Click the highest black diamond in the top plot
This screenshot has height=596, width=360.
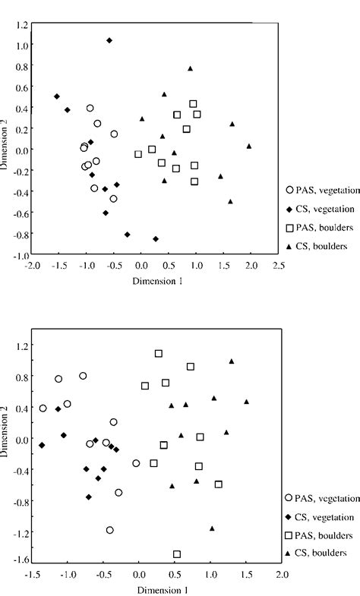click(x=109, y=40)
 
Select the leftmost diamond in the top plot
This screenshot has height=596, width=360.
click(x=57, y=96)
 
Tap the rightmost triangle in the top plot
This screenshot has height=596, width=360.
click(x=248, y=146)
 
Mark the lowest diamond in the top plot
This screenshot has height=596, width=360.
click(x=156, y=238)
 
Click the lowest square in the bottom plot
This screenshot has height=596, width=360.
click(x=177, y=554)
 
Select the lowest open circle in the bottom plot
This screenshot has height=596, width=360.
click(x=110, y=530)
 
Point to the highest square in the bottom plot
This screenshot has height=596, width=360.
click(x=159, y=353)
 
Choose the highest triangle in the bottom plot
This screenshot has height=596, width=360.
click(x=232, y=361)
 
